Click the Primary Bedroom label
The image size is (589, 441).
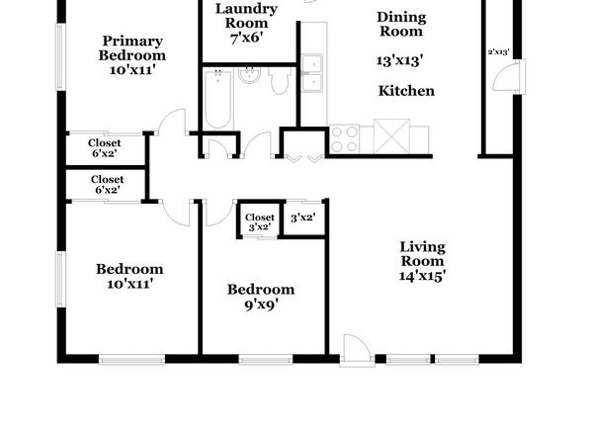132,55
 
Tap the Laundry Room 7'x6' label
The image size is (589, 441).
246,24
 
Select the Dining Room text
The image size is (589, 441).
401,24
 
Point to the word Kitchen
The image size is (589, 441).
406,91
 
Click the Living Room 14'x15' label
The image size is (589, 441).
423,261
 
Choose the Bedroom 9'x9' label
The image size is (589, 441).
261,297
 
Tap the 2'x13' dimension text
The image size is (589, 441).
498,52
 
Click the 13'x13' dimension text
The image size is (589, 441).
400,60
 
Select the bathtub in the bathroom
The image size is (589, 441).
217,99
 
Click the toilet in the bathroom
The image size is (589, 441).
281,80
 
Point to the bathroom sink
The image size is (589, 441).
249,75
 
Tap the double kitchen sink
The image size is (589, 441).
311,73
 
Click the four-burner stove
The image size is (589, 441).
345,139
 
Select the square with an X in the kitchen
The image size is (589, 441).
391,136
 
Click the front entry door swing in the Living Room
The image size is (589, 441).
357,350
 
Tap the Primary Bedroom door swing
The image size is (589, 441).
172,122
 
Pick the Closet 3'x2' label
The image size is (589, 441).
260,222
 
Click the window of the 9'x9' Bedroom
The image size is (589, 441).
266,360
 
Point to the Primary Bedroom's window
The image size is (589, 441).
61,57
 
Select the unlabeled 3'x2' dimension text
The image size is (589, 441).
302,218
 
